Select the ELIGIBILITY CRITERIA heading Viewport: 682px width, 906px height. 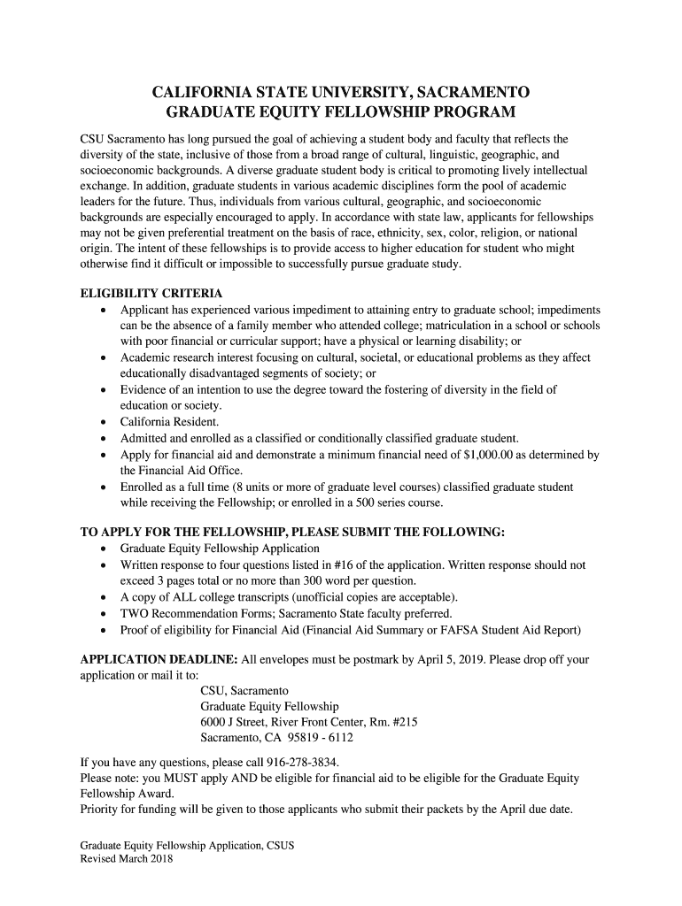(x=151, y=293)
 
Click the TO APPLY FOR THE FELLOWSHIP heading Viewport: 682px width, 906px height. (x=292, y=532)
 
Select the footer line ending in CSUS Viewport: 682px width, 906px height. (x=187, y=846)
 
